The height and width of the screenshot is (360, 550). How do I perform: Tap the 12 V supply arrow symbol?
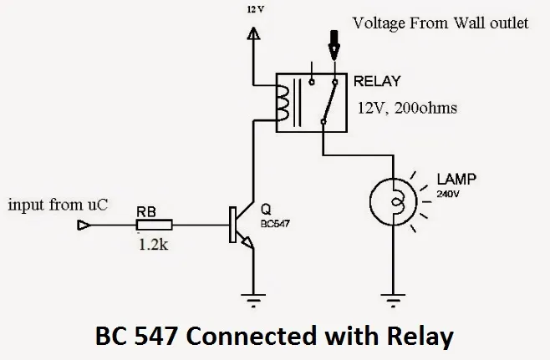(x=255, y=35)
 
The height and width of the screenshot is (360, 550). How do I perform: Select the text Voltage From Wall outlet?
(x=440, y=23)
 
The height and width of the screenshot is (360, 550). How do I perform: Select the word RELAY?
(x=377, y=82)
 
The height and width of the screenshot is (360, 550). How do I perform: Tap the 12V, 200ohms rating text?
(x=406, y=108)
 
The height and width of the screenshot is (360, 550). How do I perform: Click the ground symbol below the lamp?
(x=394, y=296)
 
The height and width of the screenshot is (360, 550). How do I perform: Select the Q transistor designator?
(x=264, y=210)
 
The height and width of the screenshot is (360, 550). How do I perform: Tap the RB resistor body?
(x=155, y=225)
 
